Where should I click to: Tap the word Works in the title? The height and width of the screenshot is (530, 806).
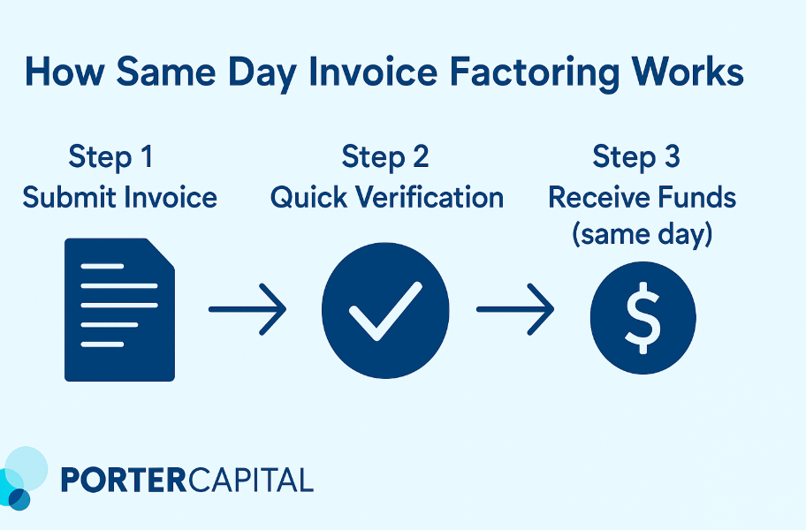pos(688,71)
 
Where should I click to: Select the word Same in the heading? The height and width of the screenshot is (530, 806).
pos(166,71)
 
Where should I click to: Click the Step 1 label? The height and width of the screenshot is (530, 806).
pos(110,156)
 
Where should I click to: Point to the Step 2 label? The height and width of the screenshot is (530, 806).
pos(385,156)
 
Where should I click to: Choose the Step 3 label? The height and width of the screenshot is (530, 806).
pos(635,156)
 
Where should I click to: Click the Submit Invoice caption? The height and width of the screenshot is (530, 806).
pos(120,197)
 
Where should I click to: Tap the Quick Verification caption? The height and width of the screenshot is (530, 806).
pos(387,198)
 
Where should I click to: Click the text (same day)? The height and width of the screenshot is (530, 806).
pos(642,235)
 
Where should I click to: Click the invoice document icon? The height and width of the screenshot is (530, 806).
pos(119,310)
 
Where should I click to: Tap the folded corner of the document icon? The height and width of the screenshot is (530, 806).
pos(161,253)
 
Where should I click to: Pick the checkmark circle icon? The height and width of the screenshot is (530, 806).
pos(385,310)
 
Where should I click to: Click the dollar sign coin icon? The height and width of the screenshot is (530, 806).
pos(643,317)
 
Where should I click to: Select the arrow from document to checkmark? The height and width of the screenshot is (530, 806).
pos(247,309)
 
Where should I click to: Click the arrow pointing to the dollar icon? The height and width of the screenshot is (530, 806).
pos(515,309)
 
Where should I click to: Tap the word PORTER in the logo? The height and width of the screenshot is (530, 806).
pos(123,481)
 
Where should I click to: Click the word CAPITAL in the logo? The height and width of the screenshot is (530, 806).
pos(250,481)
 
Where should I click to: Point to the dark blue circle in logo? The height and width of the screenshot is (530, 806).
pos(19,500)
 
